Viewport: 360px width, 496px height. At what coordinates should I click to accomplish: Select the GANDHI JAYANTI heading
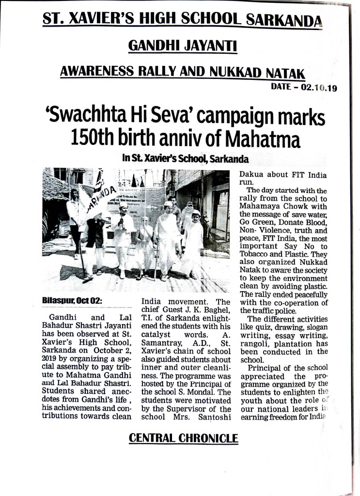coord(182,46)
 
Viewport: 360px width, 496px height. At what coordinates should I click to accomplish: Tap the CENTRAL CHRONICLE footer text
coord(183,439)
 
